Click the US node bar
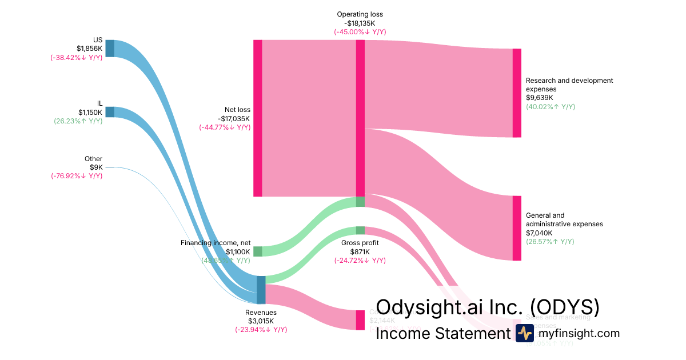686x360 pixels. point(110,49)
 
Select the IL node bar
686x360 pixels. point(110,112)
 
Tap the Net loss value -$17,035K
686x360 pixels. point(234,118)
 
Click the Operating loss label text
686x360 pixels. point(360,14)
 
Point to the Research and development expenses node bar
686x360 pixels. point(517,93)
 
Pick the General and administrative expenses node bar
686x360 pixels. point(517,228)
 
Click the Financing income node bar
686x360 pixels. point(258,251)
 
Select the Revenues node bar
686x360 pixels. point(261,290)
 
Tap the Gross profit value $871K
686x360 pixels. point(360,251)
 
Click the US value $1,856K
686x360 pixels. point(90,49)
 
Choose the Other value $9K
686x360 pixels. point(96,167)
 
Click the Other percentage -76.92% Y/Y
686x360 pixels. point(77,176)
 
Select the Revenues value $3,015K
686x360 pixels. point(261,321)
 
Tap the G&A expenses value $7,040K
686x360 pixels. point(539,233)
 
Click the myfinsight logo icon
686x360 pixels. point(524,333)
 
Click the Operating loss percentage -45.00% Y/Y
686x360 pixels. point(360,32)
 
